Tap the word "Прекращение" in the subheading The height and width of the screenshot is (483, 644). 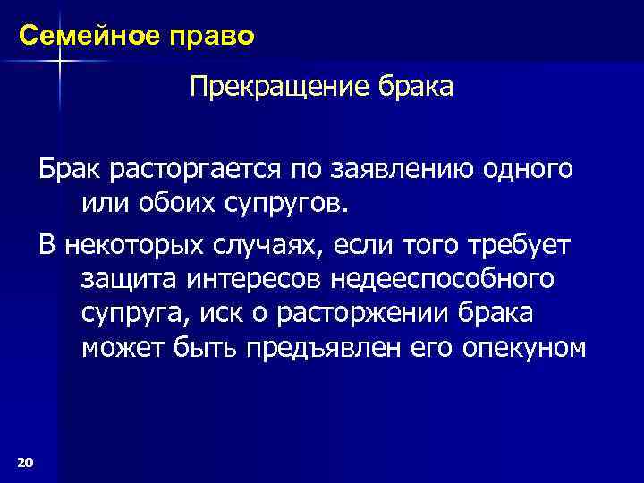coord(269,88)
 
